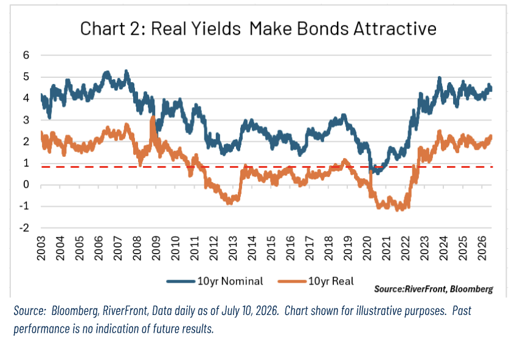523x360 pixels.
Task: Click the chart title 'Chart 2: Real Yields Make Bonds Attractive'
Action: [258, 29]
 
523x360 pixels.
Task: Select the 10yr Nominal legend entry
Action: [215, 282]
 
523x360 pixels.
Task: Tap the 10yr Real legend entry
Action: [316, 282]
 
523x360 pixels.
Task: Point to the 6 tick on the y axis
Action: [26, 55]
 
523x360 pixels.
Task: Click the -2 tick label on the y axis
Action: [24, 228]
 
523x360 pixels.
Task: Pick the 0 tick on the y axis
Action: [26, 184]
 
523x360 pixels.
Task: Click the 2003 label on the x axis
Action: [41, 248]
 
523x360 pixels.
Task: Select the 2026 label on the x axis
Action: [482, 248]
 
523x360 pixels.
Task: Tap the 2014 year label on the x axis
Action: [252, 248]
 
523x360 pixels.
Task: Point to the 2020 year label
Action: [367, 248]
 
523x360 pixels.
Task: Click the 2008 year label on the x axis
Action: [137, 248]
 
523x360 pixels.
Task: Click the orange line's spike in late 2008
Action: [153, 117]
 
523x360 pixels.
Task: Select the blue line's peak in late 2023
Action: [439, 78]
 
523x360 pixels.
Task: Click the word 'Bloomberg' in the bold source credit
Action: [471, 289]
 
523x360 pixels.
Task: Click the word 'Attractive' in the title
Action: [395, 29]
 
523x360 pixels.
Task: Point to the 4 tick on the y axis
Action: [26, 98]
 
